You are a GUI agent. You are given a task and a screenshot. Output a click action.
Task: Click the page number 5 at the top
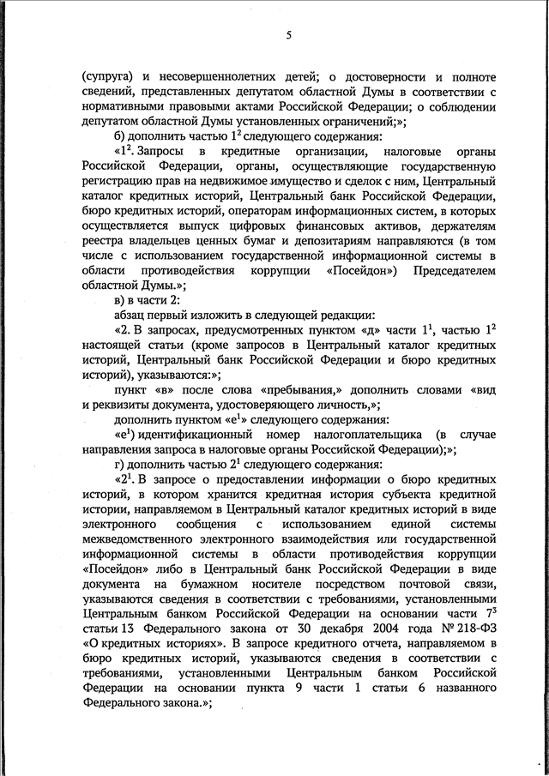coord(289,35)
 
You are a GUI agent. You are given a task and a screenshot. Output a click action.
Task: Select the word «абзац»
coord(133,316)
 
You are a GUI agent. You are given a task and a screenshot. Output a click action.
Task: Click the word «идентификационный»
coord(195,435)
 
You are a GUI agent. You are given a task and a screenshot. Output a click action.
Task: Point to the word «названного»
coord(462,688)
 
